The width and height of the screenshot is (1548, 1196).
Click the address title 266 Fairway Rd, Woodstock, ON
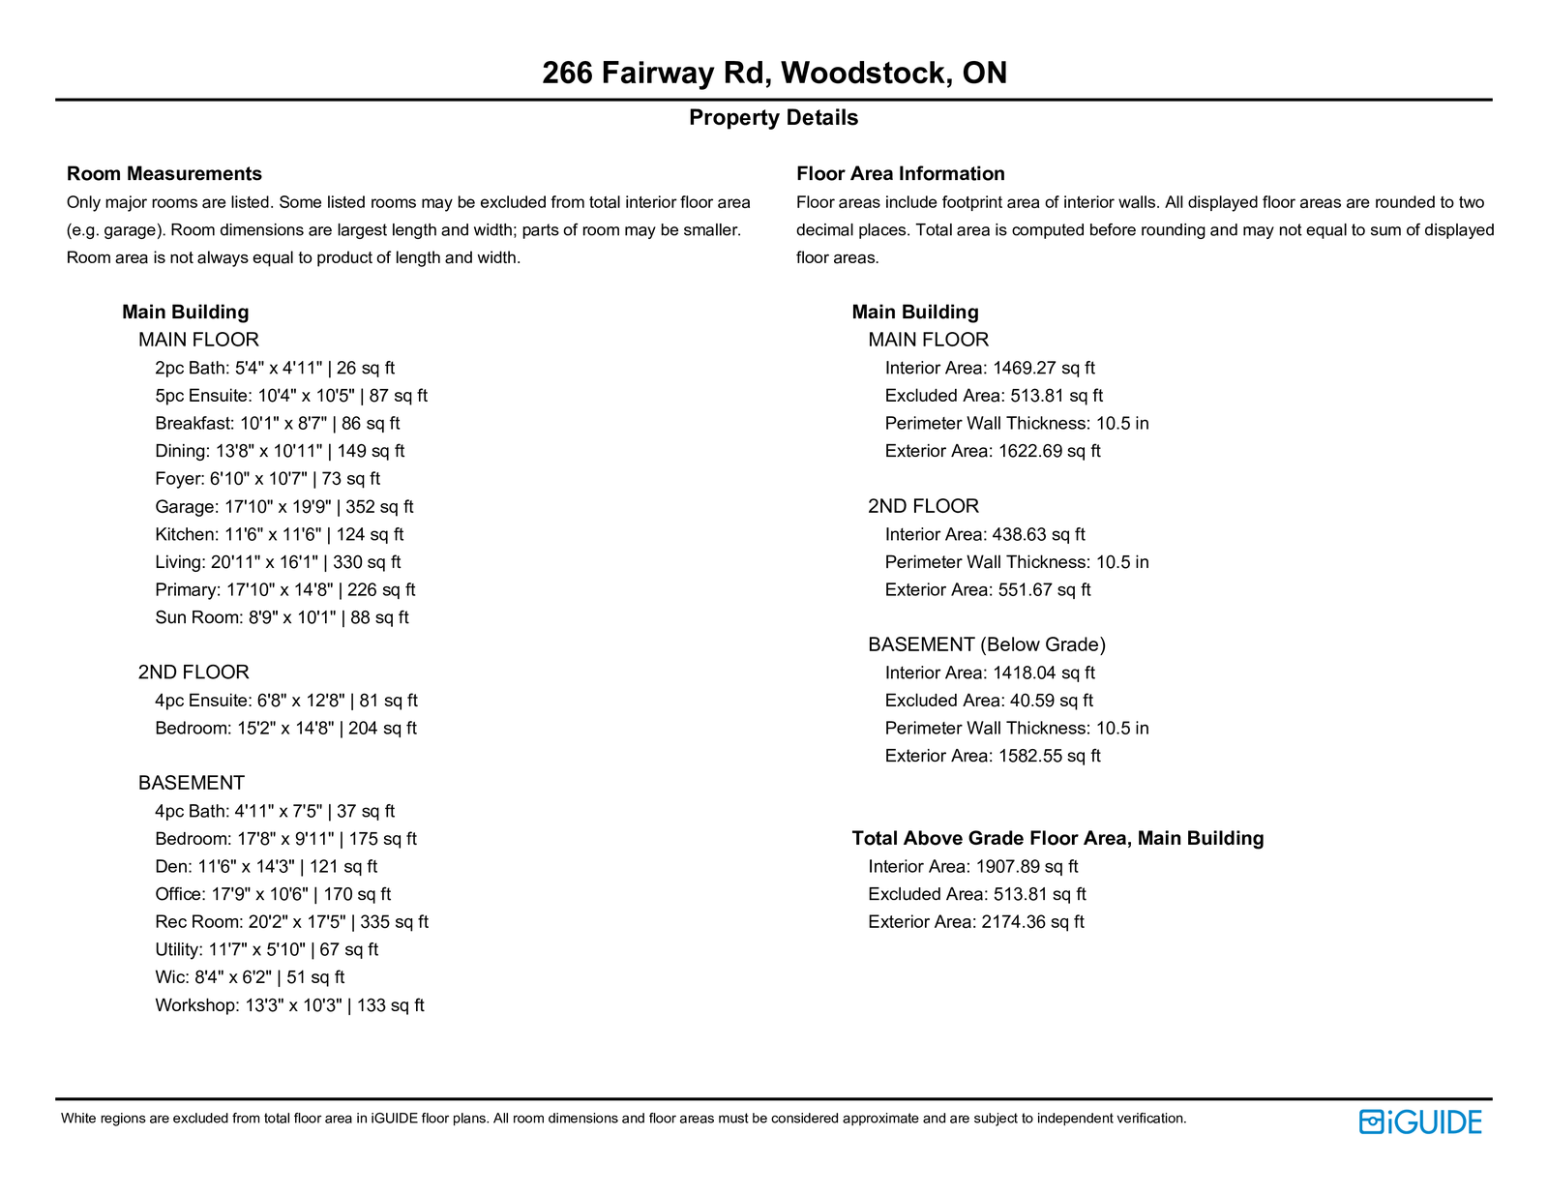(774, 73)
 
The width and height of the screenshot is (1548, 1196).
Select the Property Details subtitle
(773, 118)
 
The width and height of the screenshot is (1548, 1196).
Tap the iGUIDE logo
(1419, 1121)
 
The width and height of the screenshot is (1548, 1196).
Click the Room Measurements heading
(164, 174)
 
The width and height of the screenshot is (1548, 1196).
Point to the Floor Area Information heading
(900, 174)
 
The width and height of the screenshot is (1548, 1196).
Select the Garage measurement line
(283, 507)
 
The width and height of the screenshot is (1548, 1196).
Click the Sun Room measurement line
(282, 617)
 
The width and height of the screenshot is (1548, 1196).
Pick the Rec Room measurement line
(291, 922)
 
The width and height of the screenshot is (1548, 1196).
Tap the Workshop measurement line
(289, 1005)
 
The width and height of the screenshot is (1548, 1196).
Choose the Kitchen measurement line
(279, 534)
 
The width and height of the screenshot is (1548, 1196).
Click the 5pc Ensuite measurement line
(290, 396)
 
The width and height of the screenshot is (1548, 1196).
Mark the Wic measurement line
(250, 977)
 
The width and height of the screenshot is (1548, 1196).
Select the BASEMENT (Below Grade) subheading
(987, 644)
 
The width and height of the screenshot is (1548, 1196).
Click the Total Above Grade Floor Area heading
(1057, 839)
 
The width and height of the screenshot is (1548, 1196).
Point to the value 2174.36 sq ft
(1032, 922)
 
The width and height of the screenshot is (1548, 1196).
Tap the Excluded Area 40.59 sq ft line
(989, 701)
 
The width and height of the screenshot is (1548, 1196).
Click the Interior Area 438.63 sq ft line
(985, 534)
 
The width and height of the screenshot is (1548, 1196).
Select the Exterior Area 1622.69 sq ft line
(993, 451)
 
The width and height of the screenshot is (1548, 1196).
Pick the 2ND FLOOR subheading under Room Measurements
(193, 673)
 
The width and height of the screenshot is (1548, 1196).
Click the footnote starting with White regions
(623, 1119)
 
